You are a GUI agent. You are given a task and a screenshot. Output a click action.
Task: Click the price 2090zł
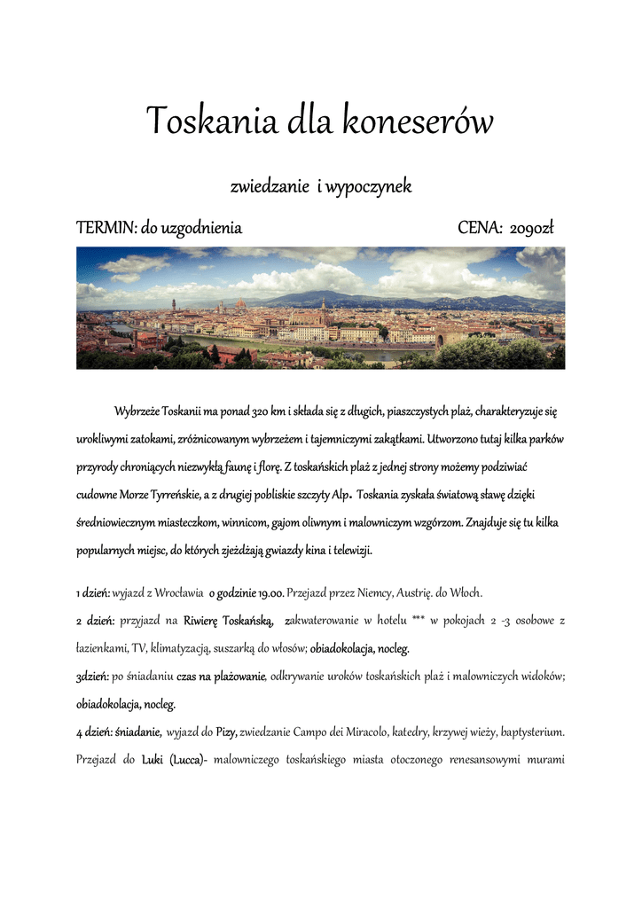pos(533,229)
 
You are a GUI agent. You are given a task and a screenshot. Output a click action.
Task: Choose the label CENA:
pos(480,229)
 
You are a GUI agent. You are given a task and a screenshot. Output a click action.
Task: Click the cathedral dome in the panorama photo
pos(241,306)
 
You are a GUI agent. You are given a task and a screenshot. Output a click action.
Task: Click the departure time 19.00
pos(270,592)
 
